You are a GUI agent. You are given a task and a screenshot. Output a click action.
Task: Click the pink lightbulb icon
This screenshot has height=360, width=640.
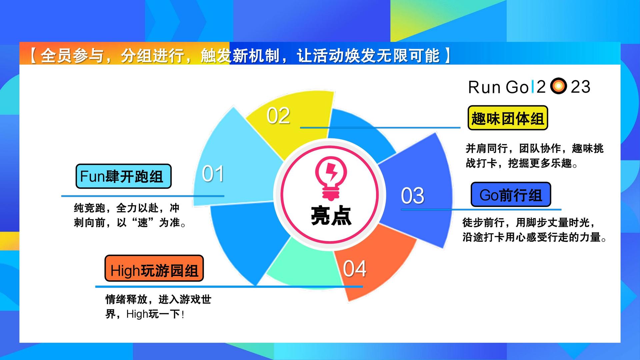[x=331, y=178]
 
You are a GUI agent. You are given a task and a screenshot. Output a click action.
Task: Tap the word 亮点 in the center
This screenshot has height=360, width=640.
[x=331, y=216]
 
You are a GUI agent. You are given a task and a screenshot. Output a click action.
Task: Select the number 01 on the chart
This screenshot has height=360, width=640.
[x=213, y=174]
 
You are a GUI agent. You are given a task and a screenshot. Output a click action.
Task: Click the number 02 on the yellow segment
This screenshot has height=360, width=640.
[x=278, y=116]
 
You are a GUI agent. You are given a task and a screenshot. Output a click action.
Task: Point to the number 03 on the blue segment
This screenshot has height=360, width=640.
[x=413, y=195]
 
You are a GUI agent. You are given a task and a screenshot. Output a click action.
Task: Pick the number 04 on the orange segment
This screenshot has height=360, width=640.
[x=355, y=268]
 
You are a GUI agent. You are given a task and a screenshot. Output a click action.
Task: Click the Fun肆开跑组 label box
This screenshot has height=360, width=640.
[x=124, y=176]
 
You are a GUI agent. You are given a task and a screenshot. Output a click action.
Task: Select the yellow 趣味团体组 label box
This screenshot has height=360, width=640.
[x=508, y=118]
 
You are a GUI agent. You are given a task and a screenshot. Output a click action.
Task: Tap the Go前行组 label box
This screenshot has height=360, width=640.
[x=511, y=195]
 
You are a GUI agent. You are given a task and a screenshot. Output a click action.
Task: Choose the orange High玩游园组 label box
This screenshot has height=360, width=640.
[x=154, y=268]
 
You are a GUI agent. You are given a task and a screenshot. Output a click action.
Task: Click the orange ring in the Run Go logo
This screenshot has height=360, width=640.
[x=558, y=86]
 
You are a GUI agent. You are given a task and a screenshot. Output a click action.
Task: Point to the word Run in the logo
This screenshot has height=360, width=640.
[x=484, y=87]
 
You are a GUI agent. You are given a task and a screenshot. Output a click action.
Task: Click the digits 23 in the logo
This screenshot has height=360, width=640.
[x=580, y=87]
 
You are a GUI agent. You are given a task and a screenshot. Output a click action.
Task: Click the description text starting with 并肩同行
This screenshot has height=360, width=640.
[x=534, y=156]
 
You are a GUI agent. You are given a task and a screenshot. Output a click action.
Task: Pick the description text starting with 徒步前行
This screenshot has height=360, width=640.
[x=534, y=230]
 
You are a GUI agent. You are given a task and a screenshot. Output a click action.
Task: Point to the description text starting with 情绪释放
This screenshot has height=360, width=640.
[x=158, y=307]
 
